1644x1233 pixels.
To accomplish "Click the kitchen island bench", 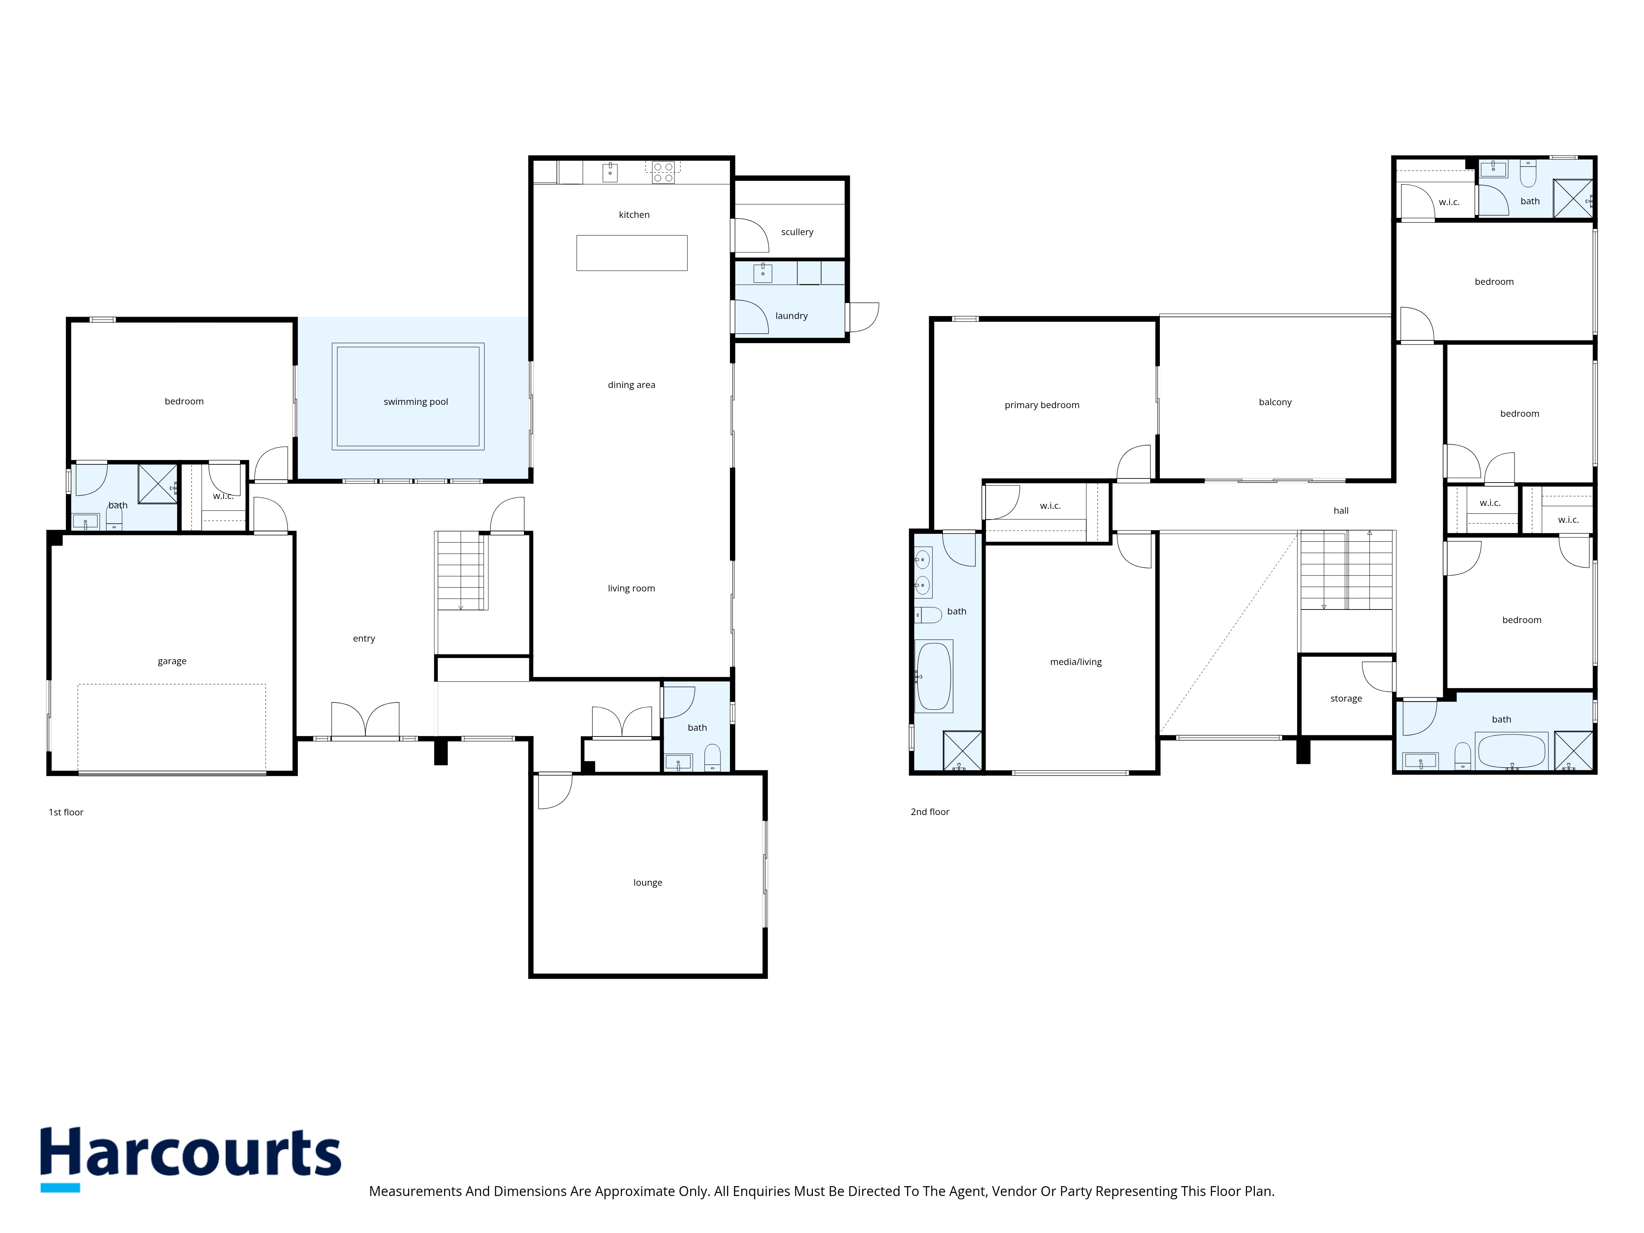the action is (x=632, y=253).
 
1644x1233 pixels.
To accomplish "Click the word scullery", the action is (x=797, y=232).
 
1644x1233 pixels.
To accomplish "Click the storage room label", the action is (x=1346, y=699).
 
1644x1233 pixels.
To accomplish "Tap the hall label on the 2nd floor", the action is (x=1341, y=510).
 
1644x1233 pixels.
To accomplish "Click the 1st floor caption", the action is (x=66, y=812).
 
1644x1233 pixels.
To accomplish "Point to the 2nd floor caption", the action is (x=930, y=812).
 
